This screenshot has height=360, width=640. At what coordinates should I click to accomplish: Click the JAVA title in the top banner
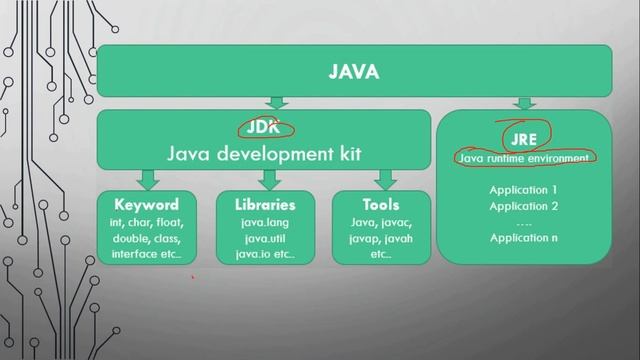tap(354, 71)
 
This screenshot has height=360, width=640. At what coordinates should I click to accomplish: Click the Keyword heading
tap(146, 204)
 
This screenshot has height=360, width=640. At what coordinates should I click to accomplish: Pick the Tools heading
tap(381, 204)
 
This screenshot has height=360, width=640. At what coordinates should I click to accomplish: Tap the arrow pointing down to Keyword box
tap(148, 179)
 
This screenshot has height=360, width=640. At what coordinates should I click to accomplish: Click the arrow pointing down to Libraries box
tap(267, 179)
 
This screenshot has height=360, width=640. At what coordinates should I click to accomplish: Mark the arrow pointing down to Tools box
tap(383, 179)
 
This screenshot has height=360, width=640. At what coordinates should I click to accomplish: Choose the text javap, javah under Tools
tap(381, 238)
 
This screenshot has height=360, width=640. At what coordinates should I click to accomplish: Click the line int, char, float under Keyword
tap(147, 221)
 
